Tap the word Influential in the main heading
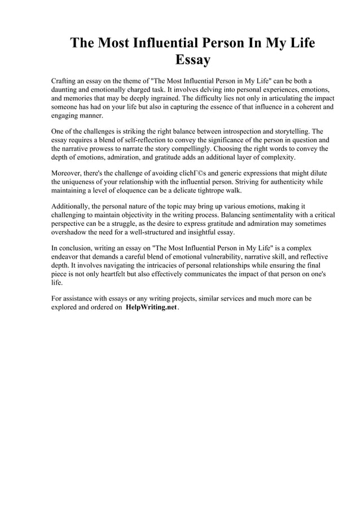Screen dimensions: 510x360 (163, 43)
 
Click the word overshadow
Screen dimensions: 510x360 (72, 232)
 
